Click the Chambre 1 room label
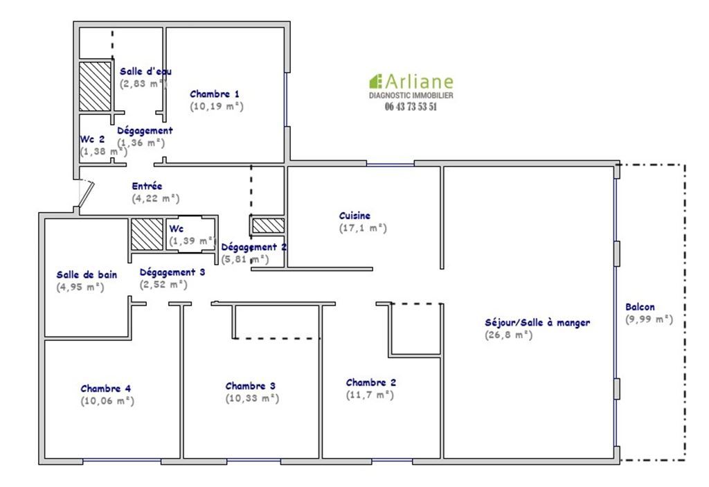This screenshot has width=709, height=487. point(215,94)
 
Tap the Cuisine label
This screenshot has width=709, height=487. point(354,216)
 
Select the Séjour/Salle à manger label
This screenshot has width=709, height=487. point(537,323)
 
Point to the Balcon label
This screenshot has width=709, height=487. point(640,307)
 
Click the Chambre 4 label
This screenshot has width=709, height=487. point(106,389)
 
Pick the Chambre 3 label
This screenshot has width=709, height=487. point(251,386)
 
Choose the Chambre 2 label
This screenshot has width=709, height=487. point(371,382)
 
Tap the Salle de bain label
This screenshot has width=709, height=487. point(87,275)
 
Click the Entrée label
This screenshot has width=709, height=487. point(147,186)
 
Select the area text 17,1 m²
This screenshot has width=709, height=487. point(363,228)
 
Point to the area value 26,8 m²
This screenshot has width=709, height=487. point(509,335)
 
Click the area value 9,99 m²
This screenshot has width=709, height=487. point(649,319)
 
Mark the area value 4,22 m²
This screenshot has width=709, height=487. point(156,198)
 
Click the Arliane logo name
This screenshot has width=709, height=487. point(418,82)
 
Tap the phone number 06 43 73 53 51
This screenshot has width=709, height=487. point(411,107)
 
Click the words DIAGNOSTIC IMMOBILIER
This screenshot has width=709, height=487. point(411,95)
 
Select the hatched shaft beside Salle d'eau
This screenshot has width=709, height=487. point(95,87)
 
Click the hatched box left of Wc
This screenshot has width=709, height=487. point(147,234)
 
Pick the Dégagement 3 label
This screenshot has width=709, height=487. point(172,272)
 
